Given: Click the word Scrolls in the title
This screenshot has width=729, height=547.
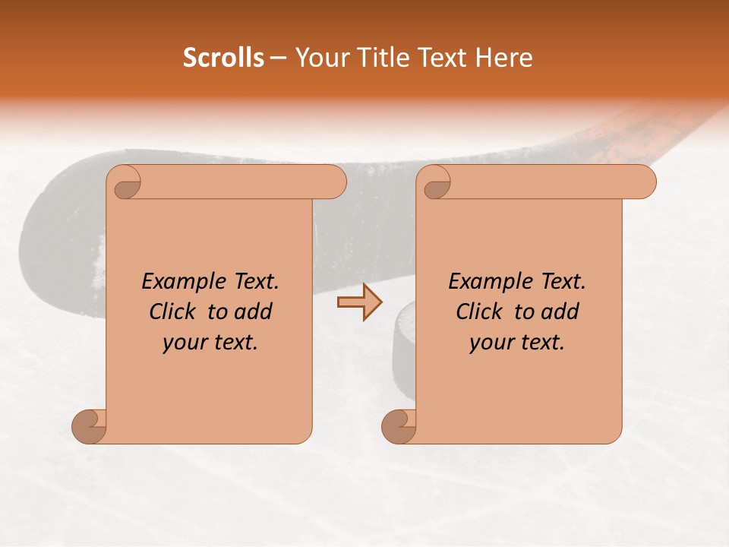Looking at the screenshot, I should point(223,58).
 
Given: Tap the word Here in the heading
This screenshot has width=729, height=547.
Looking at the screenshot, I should point(504,58).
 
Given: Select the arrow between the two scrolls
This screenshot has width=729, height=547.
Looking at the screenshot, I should point(360,302).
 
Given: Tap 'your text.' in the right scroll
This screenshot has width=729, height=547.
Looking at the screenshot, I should point(517,342).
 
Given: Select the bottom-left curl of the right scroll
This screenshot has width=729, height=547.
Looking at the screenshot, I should point(399,426).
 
